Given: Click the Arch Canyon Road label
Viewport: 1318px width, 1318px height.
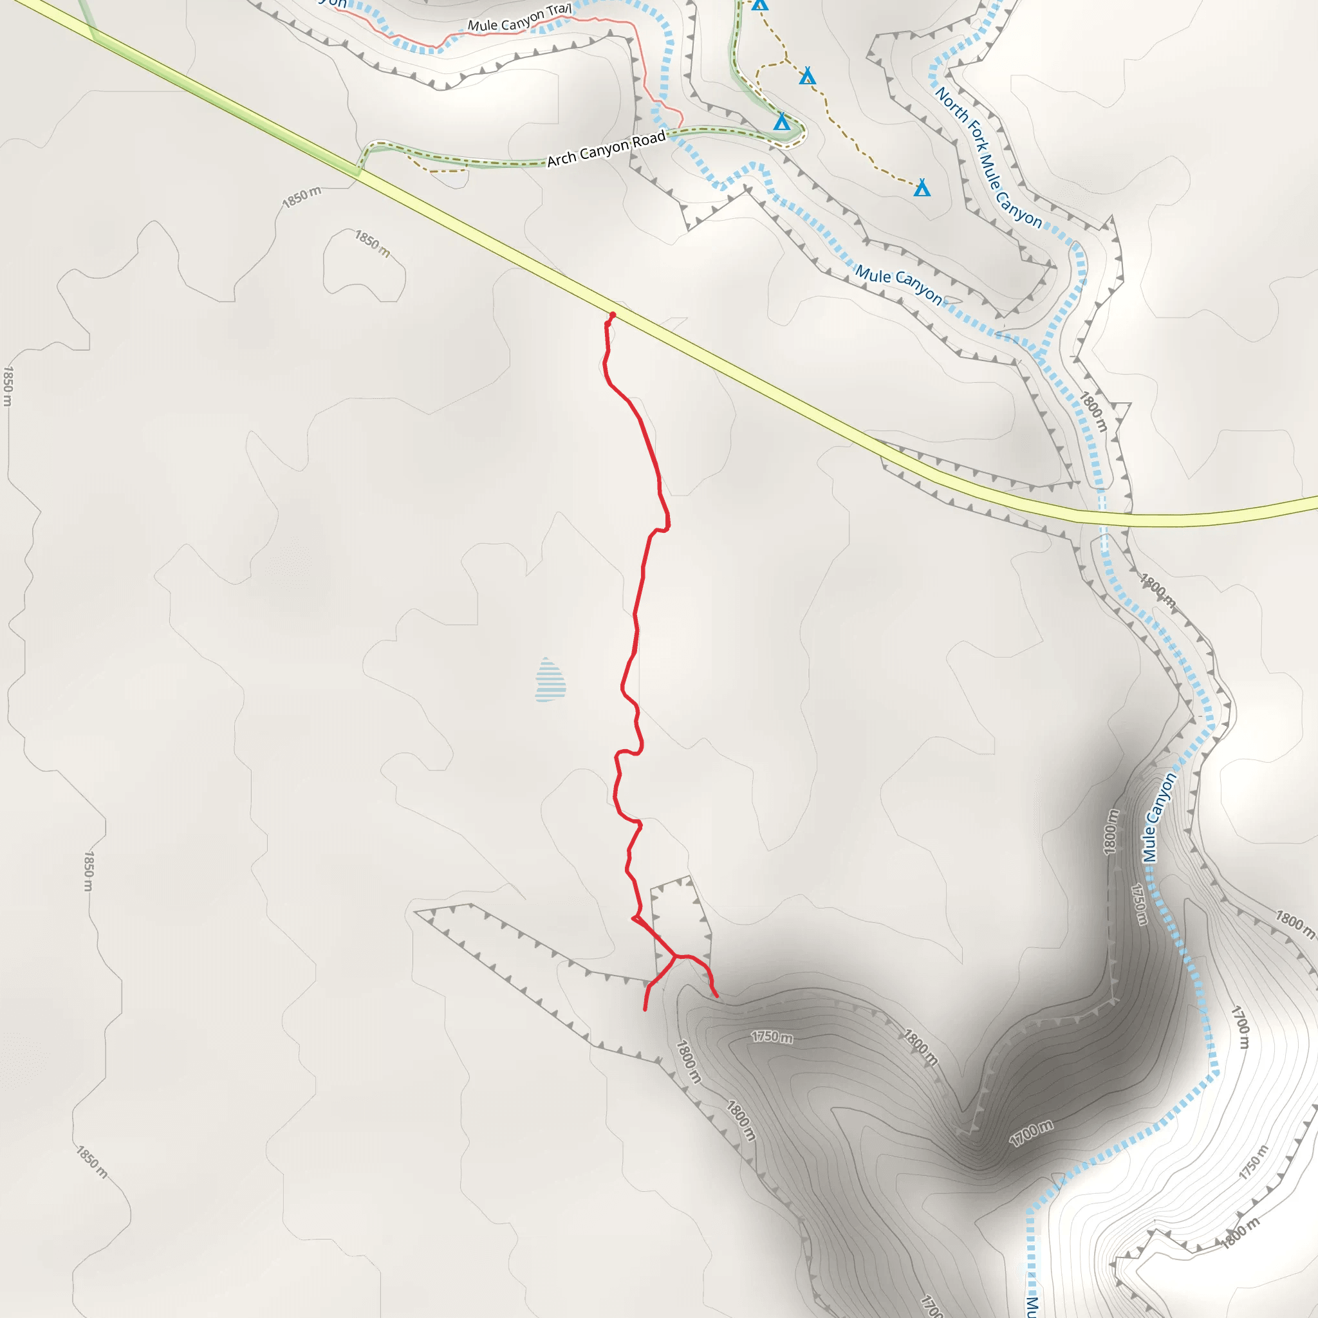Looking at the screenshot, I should [x=606, y=149].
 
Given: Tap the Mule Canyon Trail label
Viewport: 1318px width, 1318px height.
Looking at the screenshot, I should [x=519, y=19].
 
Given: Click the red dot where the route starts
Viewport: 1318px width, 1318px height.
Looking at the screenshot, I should [x=613, y=315].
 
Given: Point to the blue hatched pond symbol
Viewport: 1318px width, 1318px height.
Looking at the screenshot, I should [x=550, y=680].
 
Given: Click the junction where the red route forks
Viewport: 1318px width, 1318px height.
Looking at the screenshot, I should [x=675, y=956].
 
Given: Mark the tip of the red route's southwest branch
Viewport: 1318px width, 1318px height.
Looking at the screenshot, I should [x=645, y=1010].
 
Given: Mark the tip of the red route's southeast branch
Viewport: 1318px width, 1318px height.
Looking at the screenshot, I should [x=717, y=996].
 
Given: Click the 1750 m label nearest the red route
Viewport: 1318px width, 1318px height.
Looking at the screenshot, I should [x=772, y=1037].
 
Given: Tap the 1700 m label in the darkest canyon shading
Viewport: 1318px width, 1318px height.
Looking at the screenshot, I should [x=1031, y=1133].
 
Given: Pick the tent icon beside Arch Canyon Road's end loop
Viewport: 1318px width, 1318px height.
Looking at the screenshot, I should [x=782, y=122].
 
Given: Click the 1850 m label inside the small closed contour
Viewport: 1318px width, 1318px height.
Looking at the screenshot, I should [x=373, y=243].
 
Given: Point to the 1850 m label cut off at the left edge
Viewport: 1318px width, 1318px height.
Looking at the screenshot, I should [x=8, y=385].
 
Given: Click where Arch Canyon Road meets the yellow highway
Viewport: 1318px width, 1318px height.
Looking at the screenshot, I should [x=357, y=169].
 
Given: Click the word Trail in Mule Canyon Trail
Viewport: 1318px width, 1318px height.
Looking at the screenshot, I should [x=559, y=10].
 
